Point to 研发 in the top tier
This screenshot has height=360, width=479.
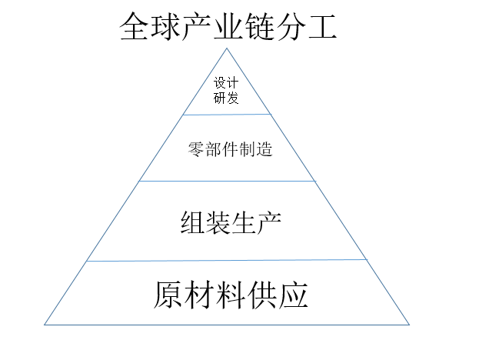(227, 98)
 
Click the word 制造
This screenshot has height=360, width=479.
(256, 149)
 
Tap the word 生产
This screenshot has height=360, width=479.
(254, 222)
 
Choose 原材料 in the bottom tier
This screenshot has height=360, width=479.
(201, 294)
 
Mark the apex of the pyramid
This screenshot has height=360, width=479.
(227, 48)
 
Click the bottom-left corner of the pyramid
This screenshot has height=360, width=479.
(45, 324)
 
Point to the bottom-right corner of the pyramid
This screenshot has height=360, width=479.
(409, 324)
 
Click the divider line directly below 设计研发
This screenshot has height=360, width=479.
(227, 115)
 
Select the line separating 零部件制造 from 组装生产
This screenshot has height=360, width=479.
(227, 182)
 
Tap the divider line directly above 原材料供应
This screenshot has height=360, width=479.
(227, 261)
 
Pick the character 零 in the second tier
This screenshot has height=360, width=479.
(195, 149)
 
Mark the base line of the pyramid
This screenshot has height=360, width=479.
(227, 324)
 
